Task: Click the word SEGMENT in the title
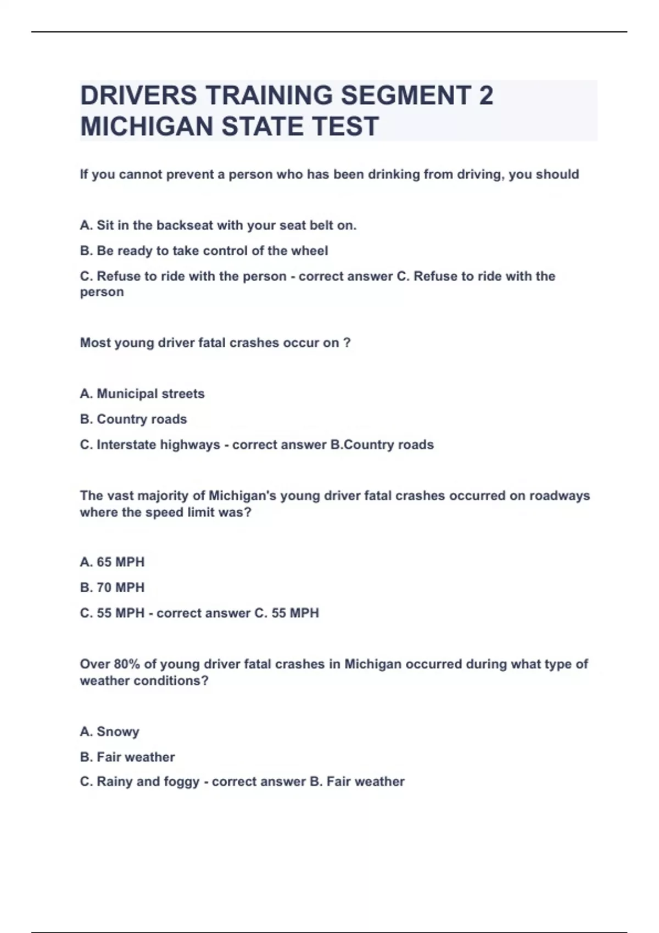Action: pyautogui.click(x=405, y=95)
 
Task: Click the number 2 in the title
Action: pyautogui.click(x=486, y=95)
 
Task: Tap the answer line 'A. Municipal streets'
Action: pyautogui.click(x=142, y=394)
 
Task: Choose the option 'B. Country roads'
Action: pyautogui.click(x=133, y=419)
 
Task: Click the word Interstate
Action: pyautogui.click(x=126, y=445)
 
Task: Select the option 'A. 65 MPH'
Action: pyautogui.click(x=112, y=562)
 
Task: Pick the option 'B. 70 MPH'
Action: pyautogui.click(x=112, y=587)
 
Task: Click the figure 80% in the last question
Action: pyautogui.click(x=127, y=664)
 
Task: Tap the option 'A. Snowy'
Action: pyautogui.click(x=109, y=732)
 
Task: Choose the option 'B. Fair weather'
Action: pyautogui.click(x=127, y=757)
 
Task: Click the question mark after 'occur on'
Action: pyautogui.click(x=347, y=343)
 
